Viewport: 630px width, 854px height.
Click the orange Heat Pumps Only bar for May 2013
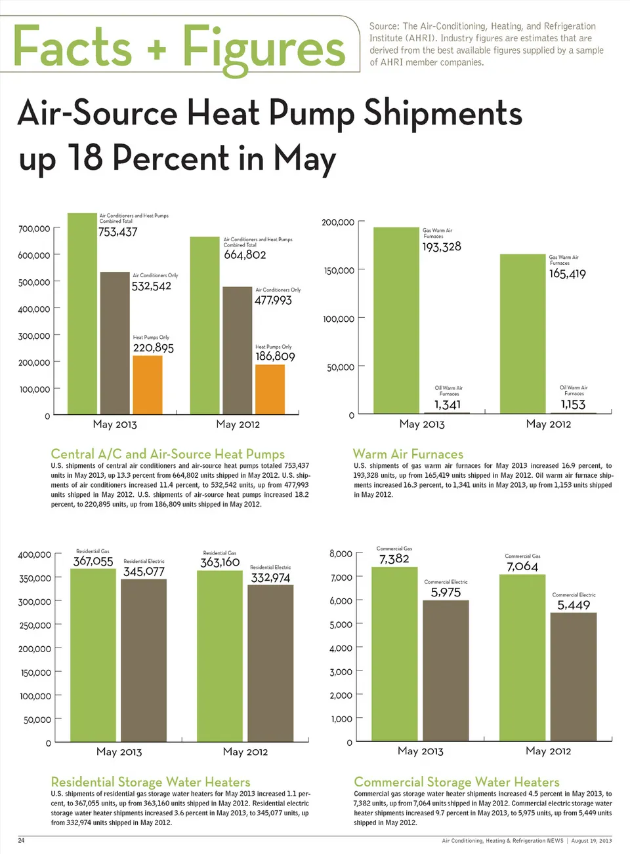click(x=147, y=385)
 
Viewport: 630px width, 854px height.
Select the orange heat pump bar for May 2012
click(x=270, y=389)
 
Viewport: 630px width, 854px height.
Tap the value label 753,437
click(x=118, y=232)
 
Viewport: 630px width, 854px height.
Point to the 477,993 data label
click(x=273, y=300)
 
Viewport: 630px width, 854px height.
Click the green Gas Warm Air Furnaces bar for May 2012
click(x=522, y=334)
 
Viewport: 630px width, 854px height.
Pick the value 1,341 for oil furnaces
click(x=448, y=405)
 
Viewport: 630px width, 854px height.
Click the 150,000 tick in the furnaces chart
click(x=339, y=271)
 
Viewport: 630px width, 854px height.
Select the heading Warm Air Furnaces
click(x=408, y=454)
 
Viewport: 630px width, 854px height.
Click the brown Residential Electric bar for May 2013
click(x=144, y=660)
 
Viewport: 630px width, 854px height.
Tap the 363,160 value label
click(x=220, y=562)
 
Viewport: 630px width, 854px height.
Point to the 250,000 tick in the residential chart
click(x=35, y=626)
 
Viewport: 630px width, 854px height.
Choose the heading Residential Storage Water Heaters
click(x=150, y=782)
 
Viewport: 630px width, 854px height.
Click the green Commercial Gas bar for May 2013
click(x=394, y=653)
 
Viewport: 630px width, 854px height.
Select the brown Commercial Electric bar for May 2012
click(x=574, y=676)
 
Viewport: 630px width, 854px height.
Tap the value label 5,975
click(x=446, y=592)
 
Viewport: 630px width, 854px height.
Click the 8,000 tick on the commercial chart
click(x=341, y=554)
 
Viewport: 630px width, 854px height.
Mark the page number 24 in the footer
click(x=21, y=840)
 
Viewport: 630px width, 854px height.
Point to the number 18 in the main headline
click(x=85, y=158)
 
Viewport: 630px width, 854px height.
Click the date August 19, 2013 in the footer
click(x=591, y=841)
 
